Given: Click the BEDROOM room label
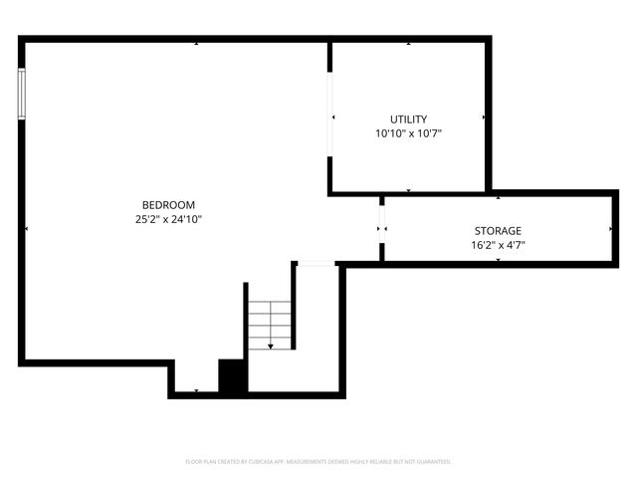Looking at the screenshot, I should [168, 205].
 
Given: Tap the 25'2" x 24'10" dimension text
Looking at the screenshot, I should [168, 219].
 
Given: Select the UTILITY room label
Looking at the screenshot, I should [408, 119].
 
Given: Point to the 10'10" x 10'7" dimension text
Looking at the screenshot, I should [408, 132].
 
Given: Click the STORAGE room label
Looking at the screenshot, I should [497, 231].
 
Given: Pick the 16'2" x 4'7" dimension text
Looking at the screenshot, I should [497, 245].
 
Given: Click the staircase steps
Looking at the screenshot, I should [269, 325].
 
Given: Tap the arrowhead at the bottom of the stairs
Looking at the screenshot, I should [270, 346].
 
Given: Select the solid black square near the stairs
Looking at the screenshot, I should [233, 376].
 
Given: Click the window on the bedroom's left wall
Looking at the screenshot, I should [22, 95].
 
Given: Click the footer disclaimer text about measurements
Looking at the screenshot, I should [318, 462].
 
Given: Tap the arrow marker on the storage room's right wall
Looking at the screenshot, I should [610, 229].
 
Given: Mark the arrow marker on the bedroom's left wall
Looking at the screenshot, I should [27, 229].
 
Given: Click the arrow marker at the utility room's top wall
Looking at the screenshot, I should [408, 44].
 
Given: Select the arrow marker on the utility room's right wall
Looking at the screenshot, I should [484, 118].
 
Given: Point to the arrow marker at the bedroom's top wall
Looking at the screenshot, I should [196, 44].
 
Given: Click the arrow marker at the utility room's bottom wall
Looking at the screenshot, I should [408, 189].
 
